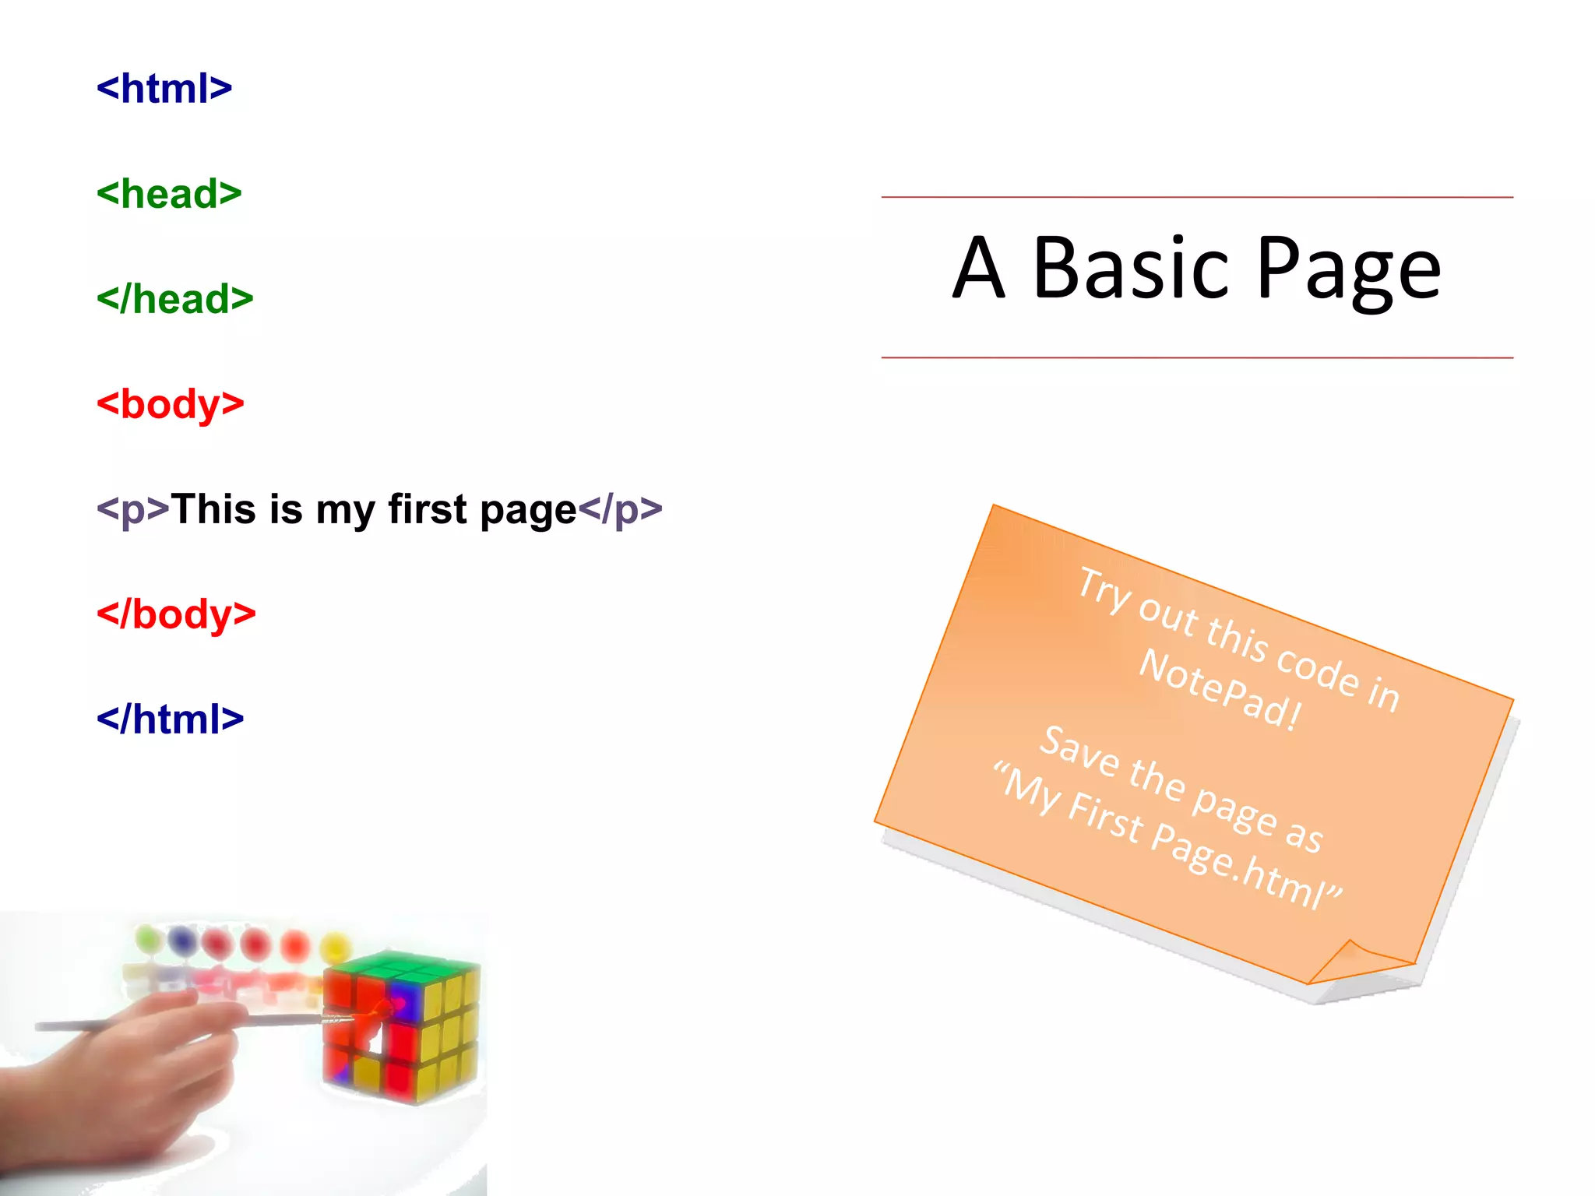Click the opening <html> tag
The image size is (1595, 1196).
pos(164,89)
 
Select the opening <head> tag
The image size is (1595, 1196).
pos(169,194)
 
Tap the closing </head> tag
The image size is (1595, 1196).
pos(175,299)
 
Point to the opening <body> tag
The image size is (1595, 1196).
pos(171,405)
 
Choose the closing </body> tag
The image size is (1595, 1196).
pos(176,614)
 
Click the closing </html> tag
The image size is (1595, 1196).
pos(170,719)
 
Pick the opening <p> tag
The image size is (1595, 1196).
pos(132,510)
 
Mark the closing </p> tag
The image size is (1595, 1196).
pos(620,510)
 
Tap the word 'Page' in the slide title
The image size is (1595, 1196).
pos(1349,269)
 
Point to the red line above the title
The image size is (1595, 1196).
pos(1197,198)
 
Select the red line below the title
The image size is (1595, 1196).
pos(1197,358)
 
